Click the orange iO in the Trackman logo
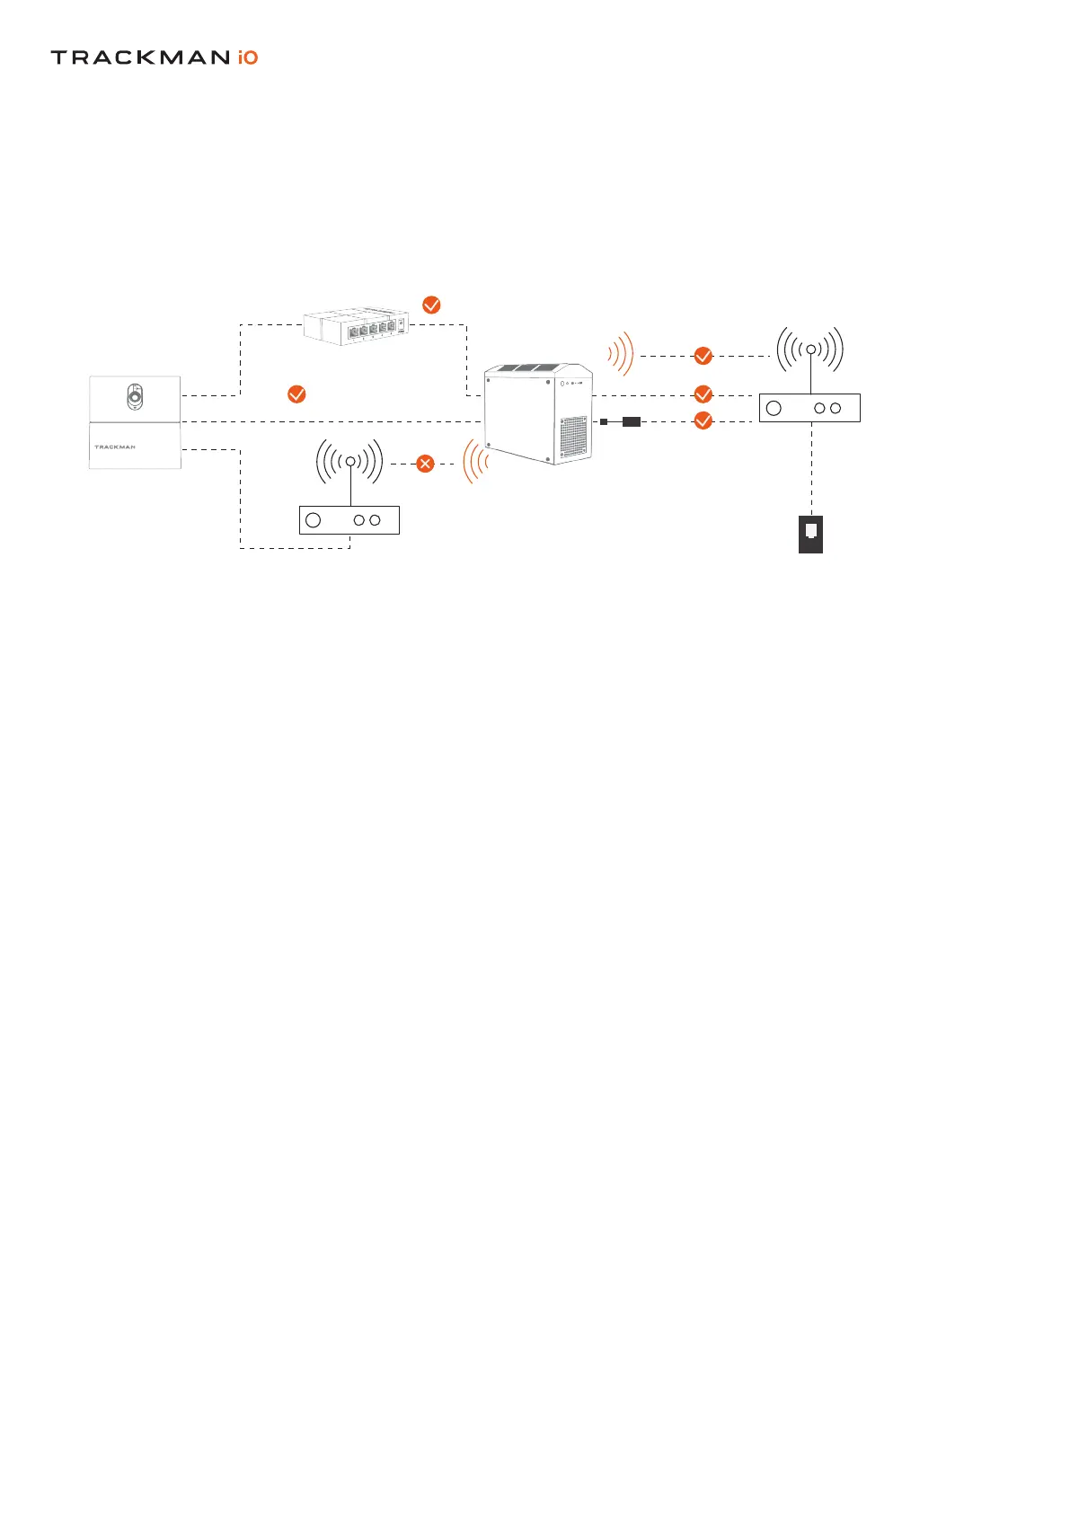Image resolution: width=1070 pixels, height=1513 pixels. pos(248,58)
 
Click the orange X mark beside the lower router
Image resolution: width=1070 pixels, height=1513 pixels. pos(426,464)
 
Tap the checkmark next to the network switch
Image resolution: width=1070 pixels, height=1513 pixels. pos(431,305)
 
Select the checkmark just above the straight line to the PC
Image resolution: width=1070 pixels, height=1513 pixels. pos(296,394)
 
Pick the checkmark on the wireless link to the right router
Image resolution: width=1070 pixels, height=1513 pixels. pos(703,356)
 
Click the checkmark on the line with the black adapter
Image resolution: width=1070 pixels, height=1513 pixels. pos(703,420)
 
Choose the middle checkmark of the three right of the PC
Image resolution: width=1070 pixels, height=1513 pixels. pos(703,394)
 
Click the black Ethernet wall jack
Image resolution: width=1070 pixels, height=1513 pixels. pos(811,534)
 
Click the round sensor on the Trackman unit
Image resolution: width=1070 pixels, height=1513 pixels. pos(134,396)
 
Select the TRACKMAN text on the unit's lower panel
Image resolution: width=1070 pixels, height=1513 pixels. pos(115,447)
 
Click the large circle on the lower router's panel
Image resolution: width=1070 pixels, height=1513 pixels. pos(314,520)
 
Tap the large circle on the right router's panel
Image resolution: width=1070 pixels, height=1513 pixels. pos(774,408)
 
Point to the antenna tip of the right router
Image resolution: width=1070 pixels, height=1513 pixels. pos(811,349)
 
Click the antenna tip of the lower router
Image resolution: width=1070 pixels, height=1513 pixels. pos(350,461)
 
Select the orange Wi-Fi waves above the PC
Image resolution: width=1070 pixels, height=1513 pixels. pos(622,354)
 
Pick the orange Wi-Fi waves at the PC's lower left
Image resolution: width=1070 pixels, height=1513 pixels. pos(475,462)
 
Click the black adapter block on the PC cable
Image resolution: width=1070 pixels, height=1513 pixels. pos(632,420)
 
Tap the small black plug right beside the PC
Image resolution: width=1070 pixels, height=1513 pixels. pos(604,420)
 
